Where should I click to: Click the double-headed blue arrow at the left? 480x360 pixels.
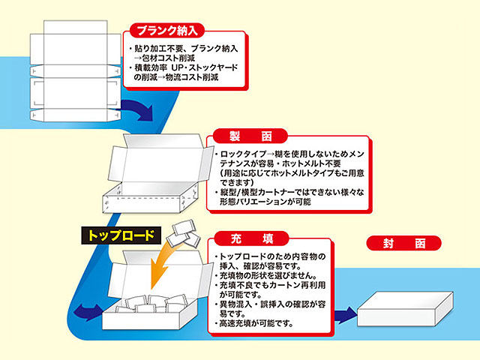coord(88,311)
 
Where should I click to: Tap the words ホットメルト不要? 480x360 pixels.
coord(308,163)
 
